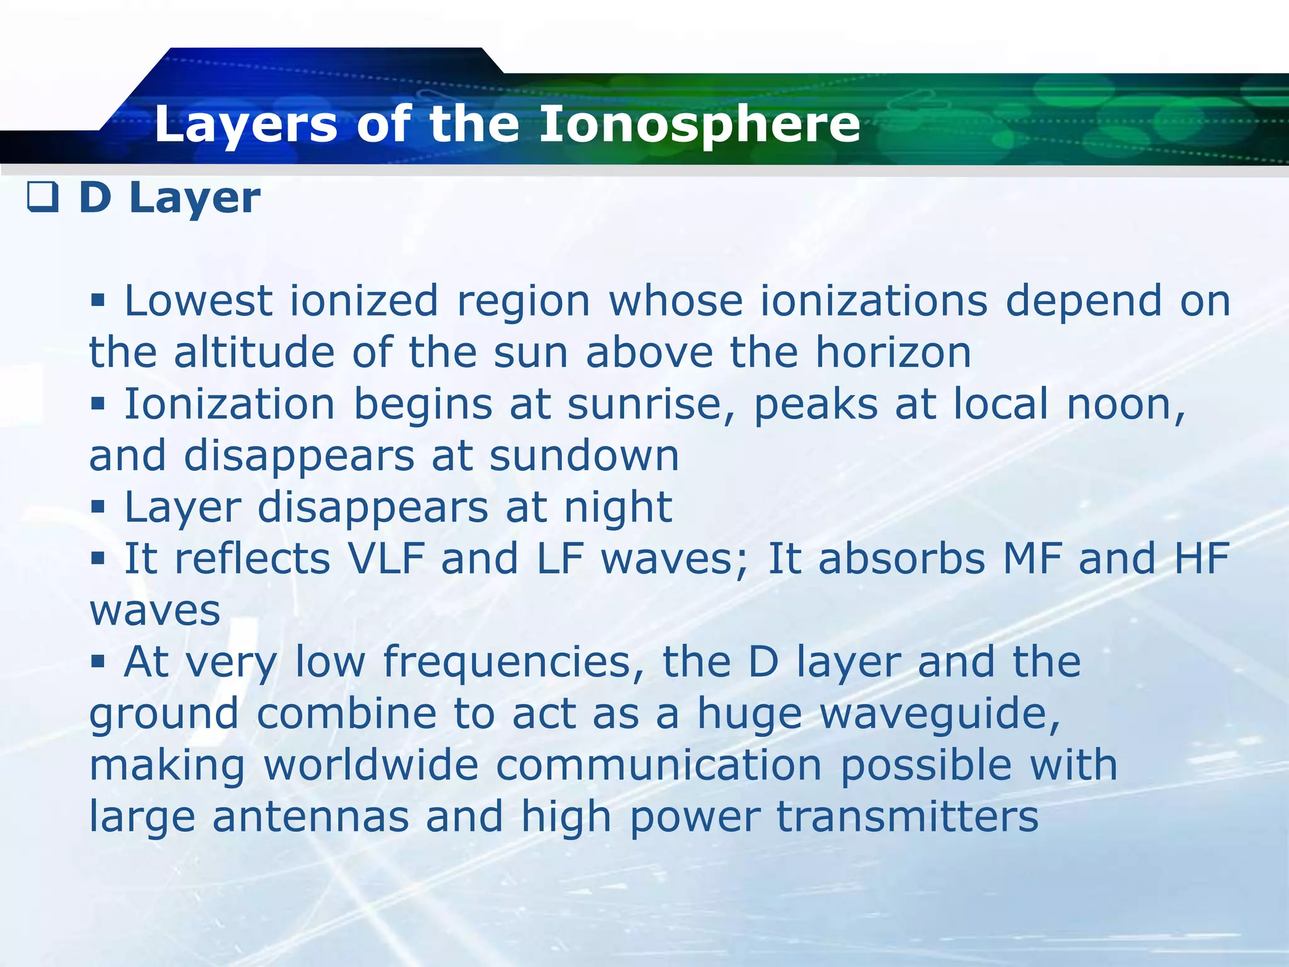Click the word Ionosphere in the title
click(x=699, y=124)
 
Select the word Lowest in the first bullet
click(x=198, y=300)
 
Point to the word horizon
click(x=893, y=352)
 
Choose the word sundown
click(x=584, y=455)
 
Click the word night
click(x=617, y=507)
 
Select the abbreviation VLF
click(x=386, y=558)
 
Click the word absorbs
click(x=901, y=558)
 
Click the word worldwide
click(x=371, y=765)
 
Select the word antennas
click(x=310, y=817)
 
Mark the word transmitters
click(x=907, y=817)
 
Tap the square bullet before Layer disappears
click(x=98, y=506)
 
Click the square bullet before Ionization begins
click(x=98, y=403)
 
